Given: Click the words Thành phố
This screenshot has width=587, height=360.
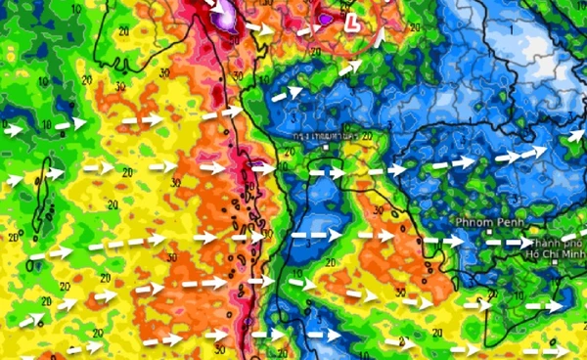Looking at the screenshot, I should coord(562,243).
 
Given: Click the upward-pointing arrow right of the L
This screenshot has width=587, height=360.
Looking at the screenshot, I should coord(379,38).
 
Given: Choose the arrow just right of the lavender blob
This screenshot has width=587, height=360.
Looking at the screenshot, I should coord(259,28).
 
